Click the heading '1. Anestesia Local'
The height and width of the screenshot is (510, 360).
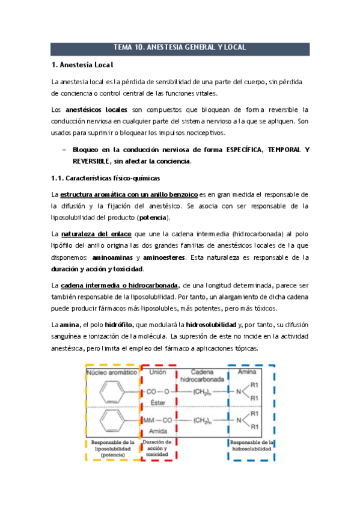click(83, 64)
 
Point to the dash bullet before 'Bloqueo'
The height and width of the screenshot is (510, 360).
click(63, 150)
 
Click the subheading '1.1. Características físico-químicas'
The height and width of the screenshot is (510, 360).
click(105, 178)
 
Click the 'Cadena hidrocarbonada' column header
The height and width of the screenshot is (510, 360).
click(201, 377)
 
